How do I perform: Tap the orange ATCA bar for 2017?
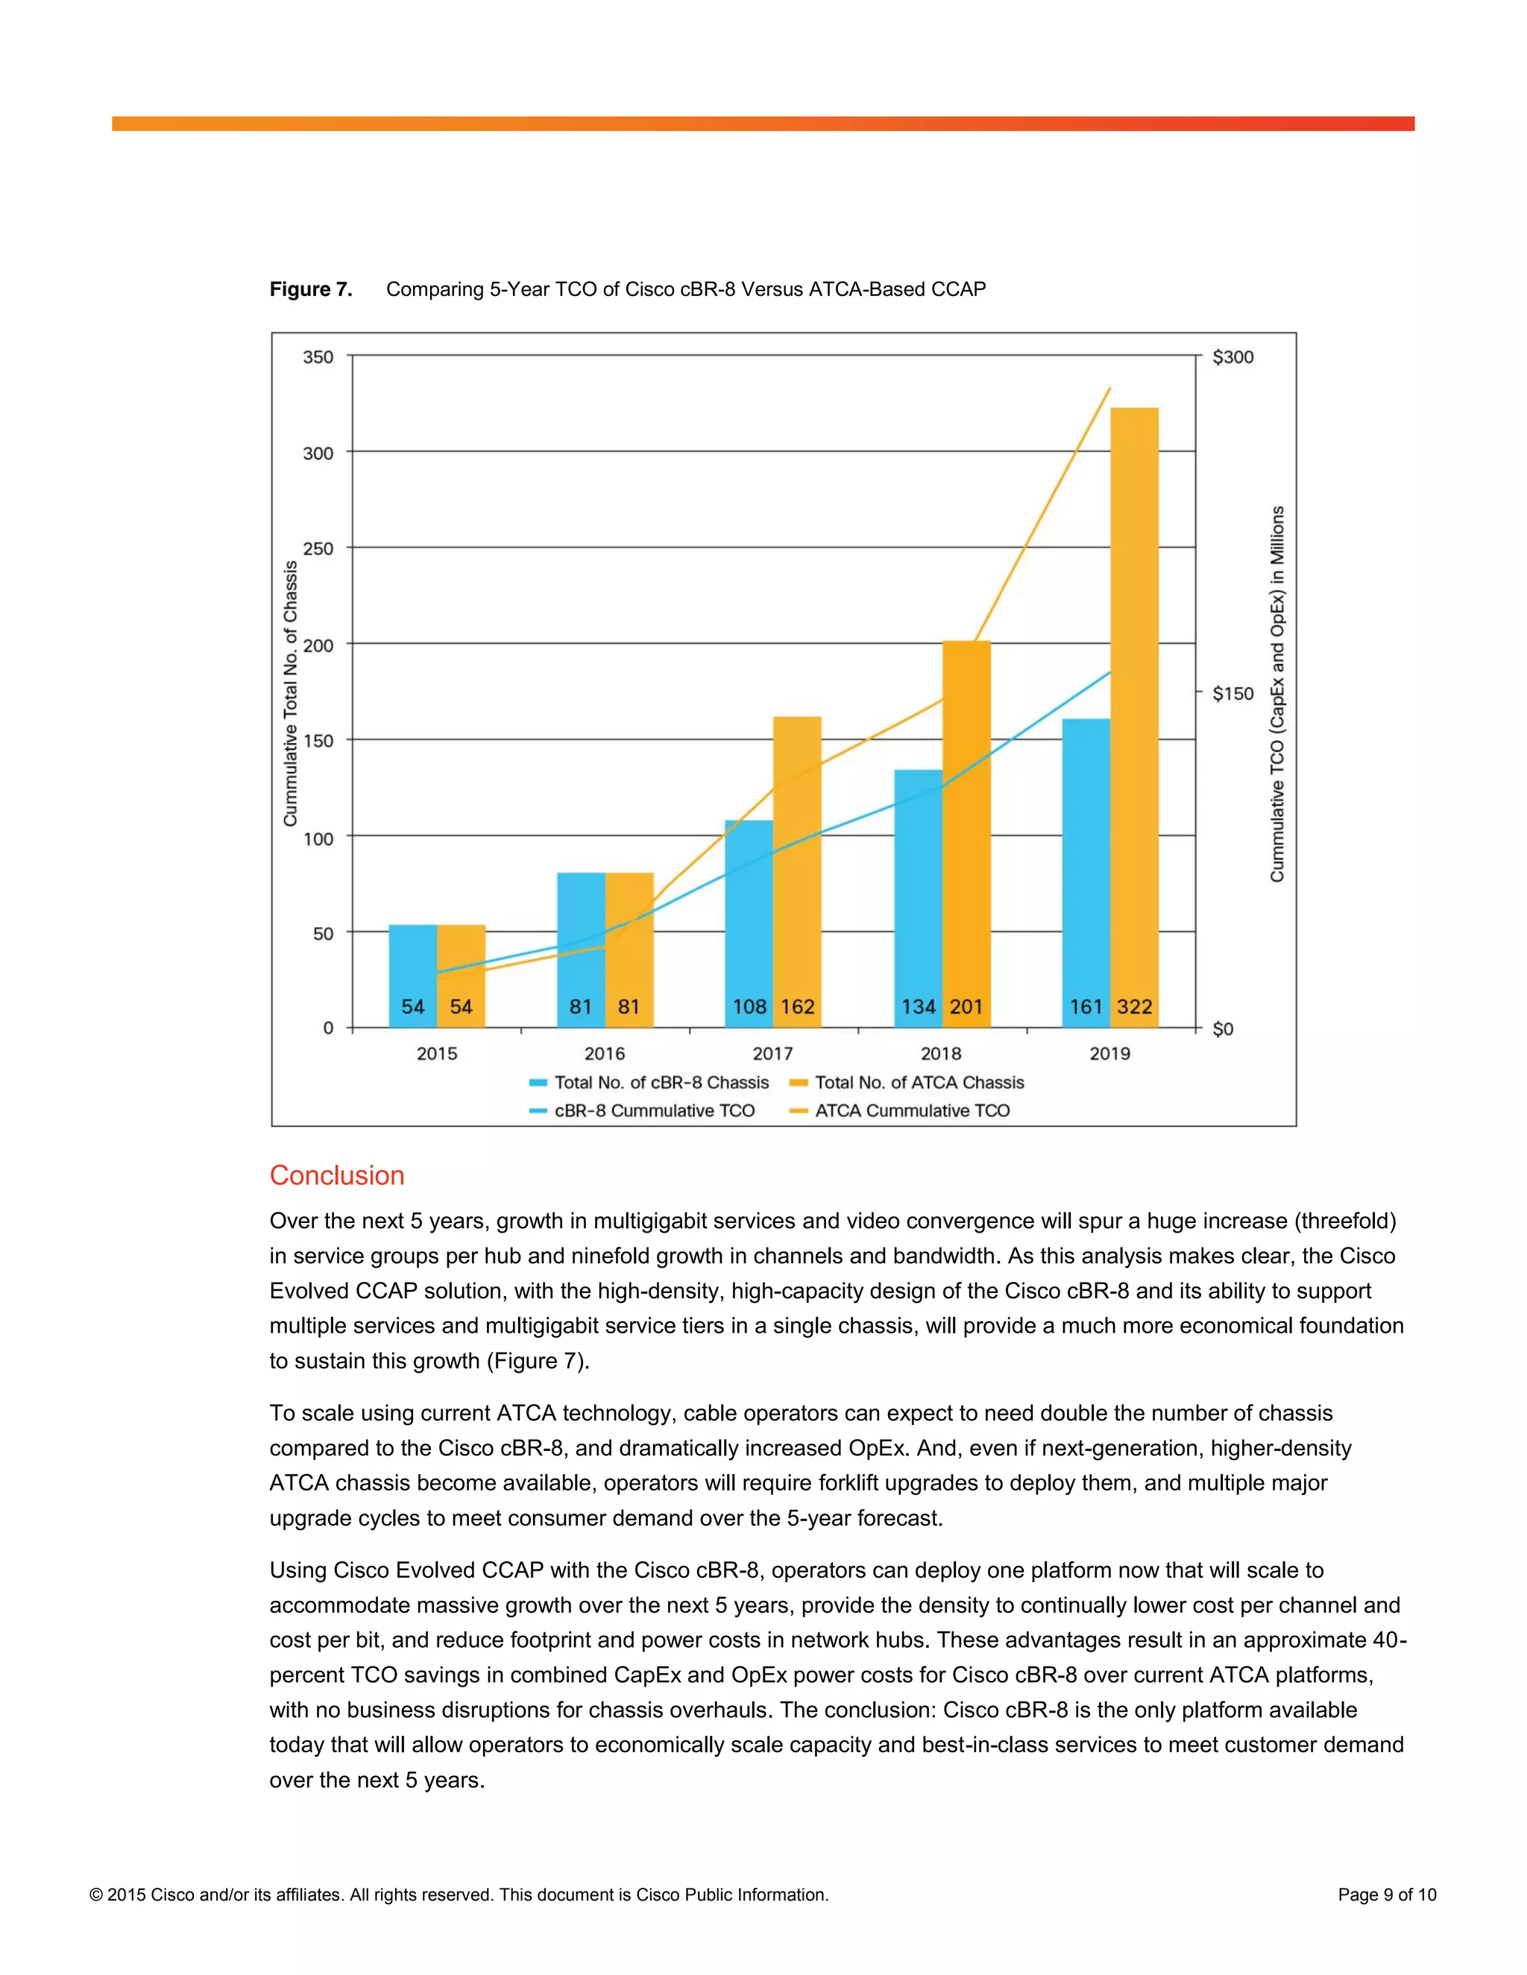pyautogui.click(x=797, y=868)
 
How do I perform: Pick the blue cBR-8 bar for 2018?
pyautogui.click(x=918, y=895)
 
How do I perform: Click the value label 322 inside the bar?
pyautogui.click(x=1134, y=1006)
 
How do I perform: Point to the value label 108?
pyautogui.click(x=749, y=1006)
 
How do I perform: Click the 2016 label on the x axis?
pyautogui.click(x=604, y=1054)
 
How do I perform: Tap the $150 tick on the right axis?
pyautogui.click(x=1233, y=694)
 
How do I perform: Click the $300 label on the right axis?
pyautogui.click(x=1233, y=357)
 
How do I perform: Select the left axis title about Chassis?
pyautogui.click(x=290, y=694)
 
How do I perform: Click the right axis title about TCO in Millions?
pyautogui.click(x=1276, y=694)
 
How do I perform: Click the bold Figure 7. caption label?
pyautogui.click(x=310, y=289)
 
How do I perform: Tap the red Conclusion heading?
pyautogui.click(x=336, y=1175)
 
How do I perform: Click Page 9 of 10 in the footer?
pyautogui.click(x=1387, y=1895)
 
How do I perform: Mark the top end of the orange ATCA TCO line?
pyautogui.click(x=1110, y=389)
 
